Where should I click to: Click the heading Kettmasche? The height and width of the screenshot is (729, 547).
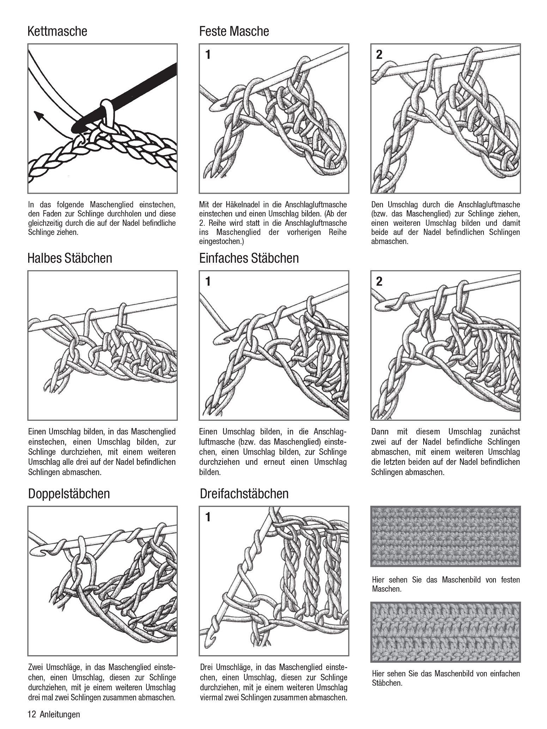coord(57,31)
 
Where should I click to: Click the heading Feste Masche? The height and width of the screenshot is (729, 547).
coord(234,31)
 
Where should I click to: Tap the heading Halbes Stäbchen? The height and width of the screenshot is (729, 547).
coord(69,258)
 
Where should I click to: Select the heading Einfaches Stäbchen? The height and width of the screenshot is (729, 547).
coord(249,258)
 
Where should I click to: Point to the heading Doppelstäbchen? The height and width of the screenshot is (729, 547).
coord(69,494)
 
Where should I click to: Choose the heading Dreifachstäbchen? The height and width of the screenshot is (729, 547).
coord(244,494)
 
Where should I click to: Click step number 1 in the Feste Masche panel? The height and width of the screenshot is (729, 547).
coord(208,55)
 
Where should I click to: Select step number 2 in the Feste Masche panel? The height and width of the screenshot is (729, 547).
coord(379,55)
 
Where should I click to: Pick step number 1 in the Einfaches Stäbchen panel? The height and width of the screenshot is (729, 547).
coord(208,281)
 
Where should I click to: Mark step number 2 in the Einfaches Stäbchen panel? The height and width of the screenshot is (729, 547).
coord(379,281)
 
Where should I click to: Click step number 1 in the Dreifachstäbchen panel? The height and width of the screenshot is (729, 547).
coord(208,517)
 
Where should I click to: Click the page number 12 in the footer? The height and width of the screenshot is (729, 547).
coord(32,715)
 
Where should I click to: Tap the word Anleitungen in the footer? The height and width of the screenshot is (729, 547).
coord(60,715)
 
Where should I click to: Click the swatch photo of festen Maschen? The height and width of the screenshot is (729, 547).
coord(445,536)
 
